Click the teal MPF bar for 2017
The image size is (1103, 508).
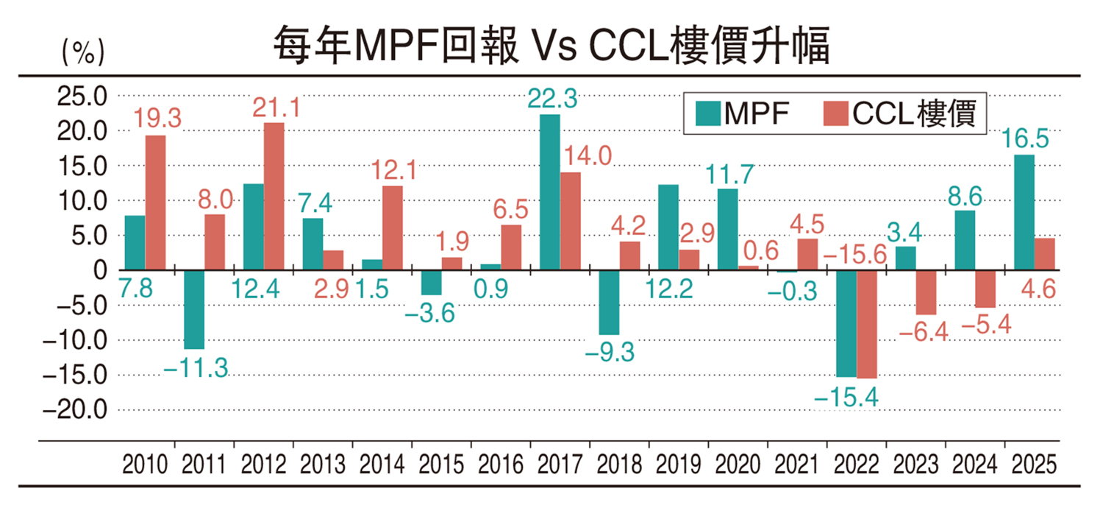point(549,192)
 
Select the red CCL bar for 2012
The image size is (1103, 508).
point(274,196)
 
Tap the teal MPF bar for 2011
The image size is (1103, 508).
point(194,309)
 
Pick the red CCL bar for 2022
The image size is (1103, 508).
point(867,324)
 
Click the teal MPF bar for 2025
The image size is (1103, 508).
point(1024,212)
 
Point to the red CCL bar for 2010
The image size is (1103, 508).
point(155,202)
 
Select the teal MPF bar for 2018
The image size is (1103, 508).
point(609,303)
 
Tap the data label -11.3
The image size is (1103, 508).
point(195,367)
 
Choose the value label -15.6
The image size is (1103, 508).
point(854,254)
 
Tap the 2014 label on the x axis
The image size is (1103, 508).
point(382,465)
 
